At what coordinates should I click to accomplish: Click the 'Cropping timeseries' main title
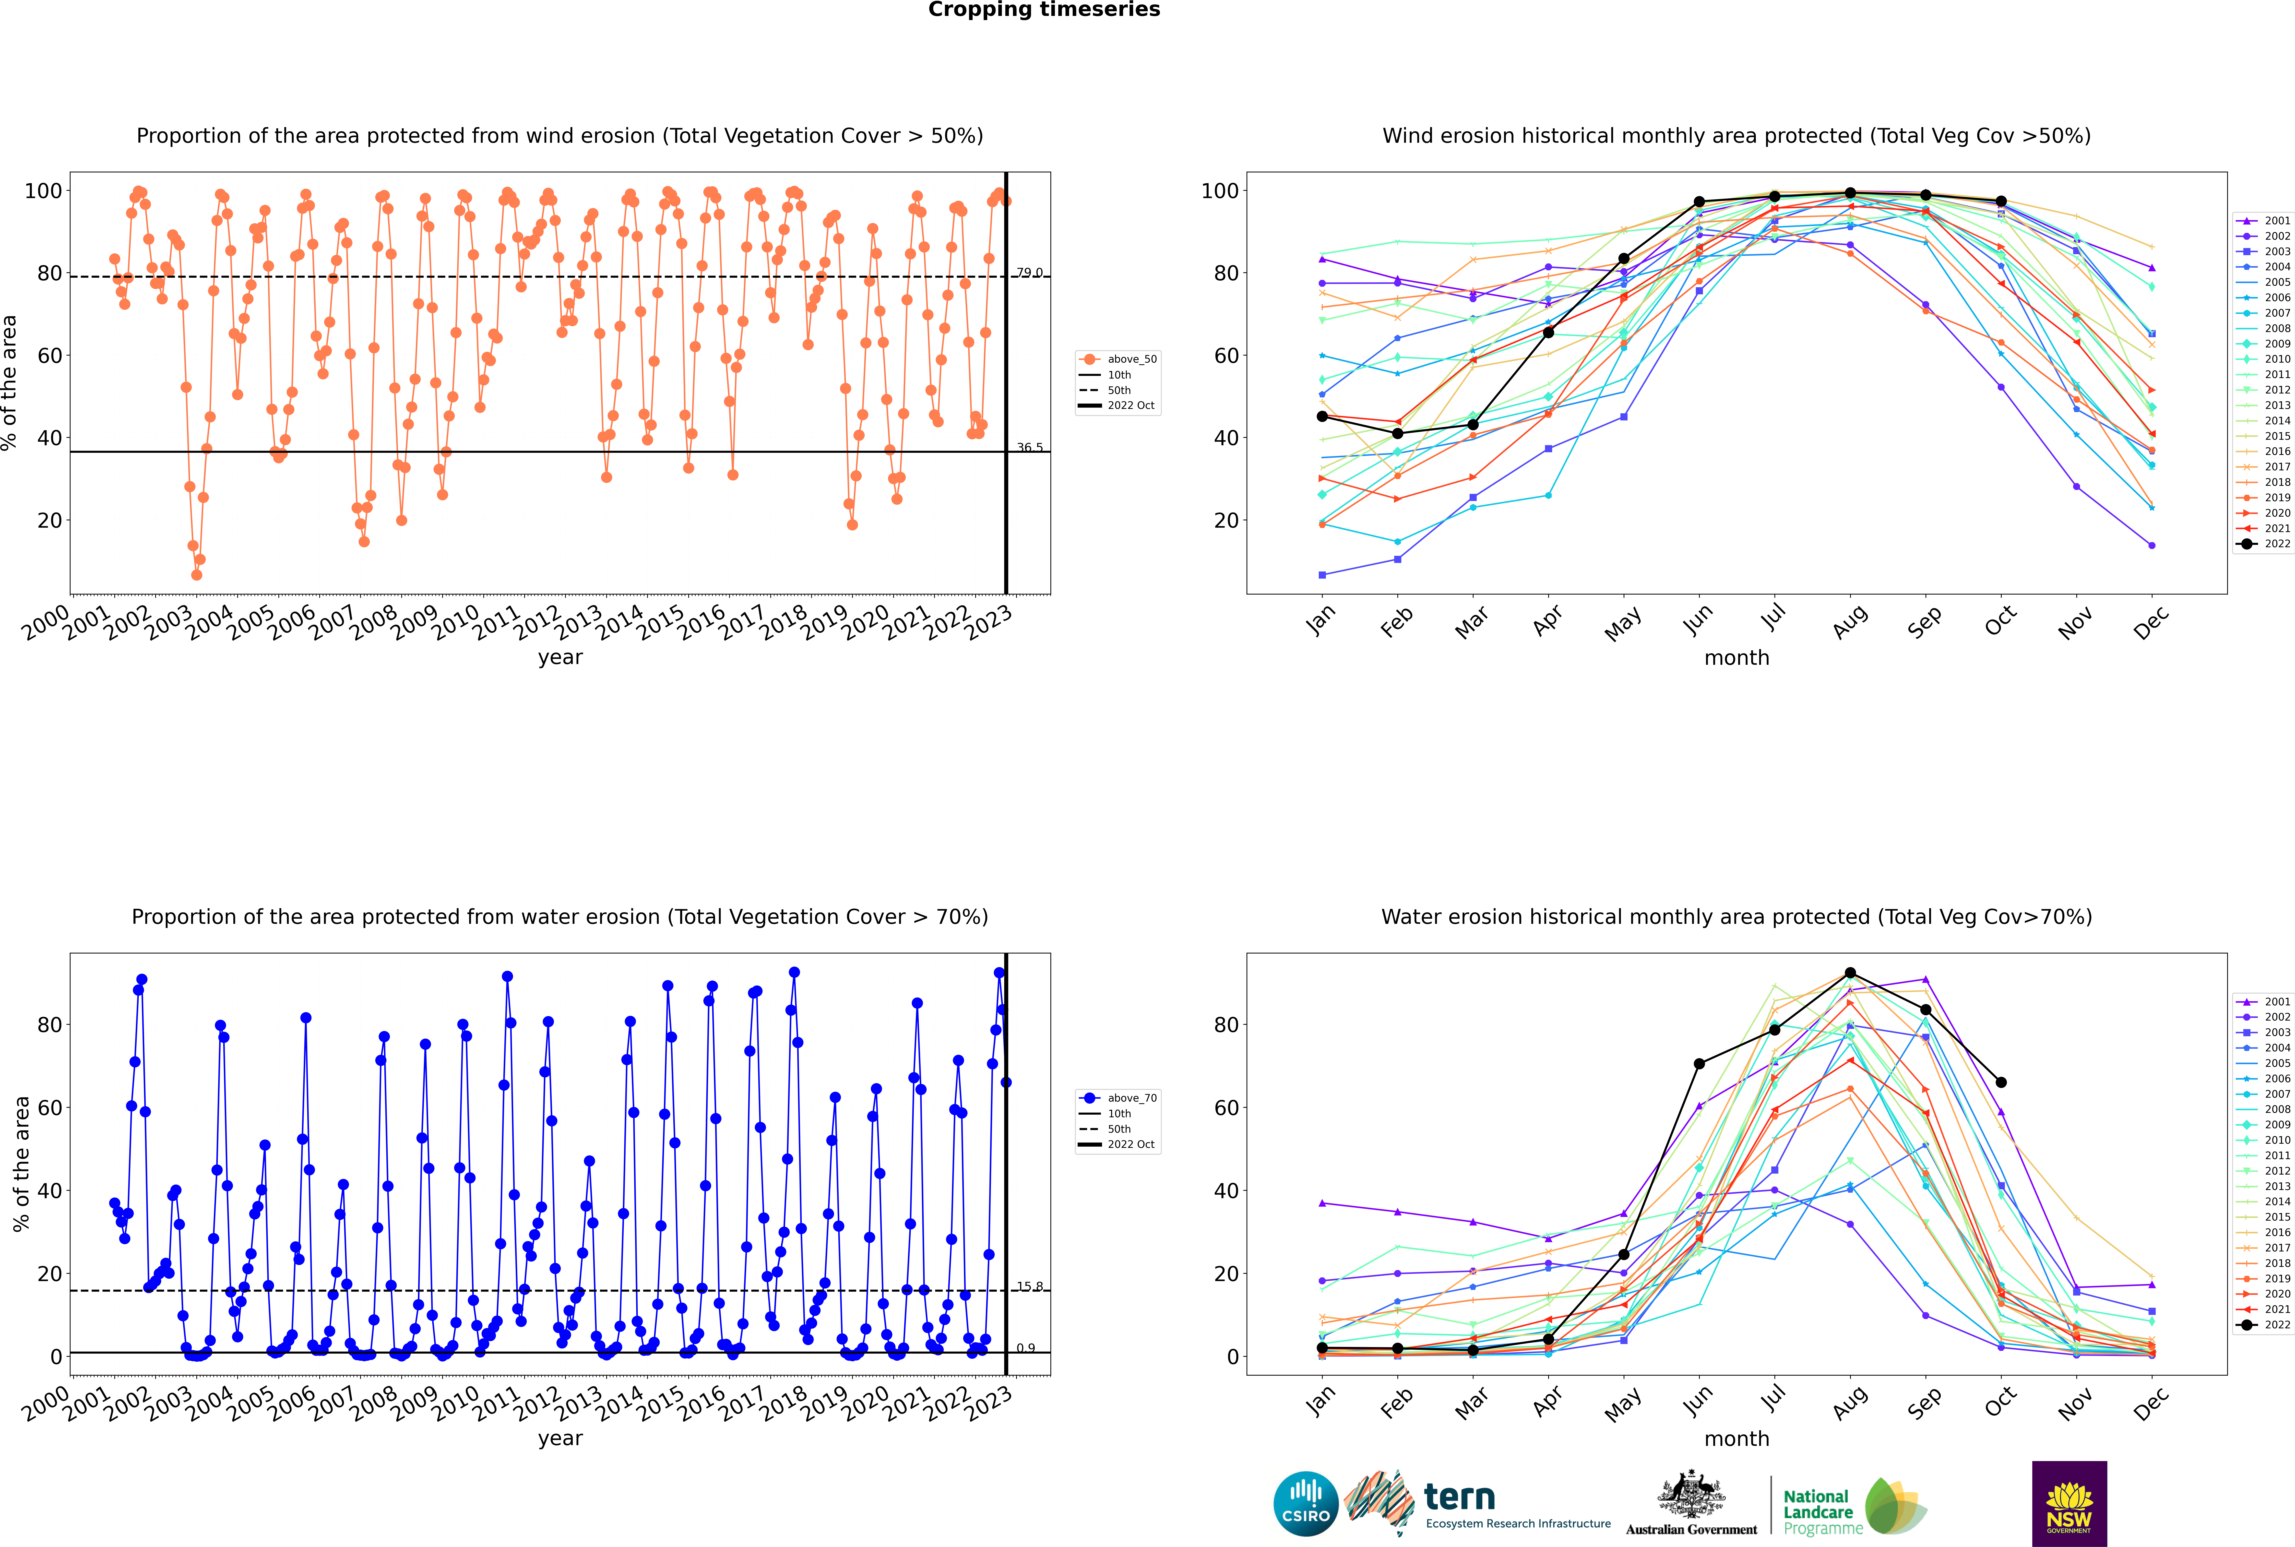tap(1044, 10)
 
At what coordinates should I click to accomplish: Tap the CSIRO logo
tap(1305, 1504)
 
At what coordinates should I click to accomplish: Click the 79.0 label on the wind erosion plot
tap(1029, 272)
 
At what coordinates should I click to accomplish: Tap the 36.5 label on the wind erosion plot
tap(1029, 448)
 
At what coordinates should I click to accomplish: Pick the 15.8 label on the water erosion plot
tap(1029, 1286)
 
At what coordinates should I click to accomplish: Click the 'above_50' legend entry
tap(1118, 359)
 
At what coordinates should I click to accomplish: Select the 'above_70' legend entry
tap(1118, 1098)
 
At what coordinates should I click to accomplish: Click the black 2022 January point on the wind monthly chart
tap(1322, 416)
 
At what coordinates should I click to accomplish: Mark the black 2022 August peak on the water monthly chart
tap(1850, 973)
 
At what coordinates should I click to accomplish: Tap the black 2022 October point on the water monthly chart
tap(2001, 1082)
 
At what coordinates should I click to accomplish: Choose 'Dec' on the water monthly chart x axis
tap(2151, 1403)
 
